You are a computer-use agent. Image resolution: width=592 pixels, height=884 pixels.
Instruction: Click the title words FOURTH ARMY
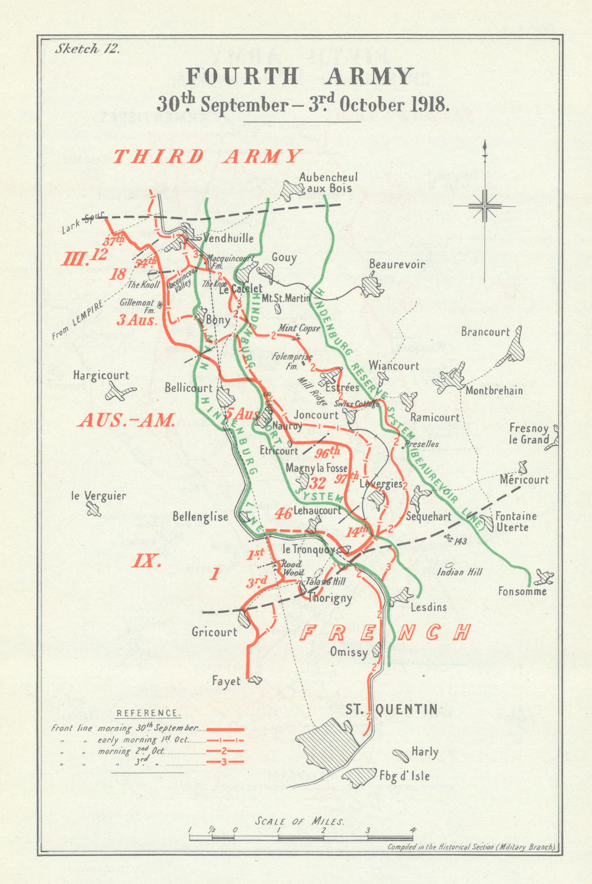300,77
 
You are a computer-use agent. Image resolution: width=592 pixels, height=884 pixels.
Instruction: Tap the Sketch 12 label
87,49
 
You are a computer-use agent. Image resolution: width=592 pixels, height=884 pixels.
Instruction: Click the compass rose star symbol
485,206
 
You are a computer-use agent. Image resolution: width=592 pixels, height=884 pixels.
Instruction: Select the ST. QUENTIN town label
391,709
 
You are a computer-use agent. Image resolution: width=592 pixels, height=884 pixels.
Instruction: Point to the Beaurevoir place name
397,264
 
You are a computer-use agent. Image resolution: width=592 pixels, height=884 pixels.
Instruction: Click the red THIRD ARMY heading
207,156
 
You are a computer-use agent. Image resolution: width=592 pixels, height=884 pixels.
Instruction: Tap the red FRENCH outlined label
385,632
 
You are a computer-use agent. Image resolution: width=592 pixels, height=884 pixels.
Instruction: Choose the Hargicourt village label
101,375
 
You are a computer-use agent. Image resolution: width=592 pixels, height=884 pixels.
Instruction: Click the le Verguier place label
98,496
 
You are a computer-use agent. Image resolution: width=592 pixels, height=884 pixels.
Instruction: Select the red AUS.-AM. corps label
126,420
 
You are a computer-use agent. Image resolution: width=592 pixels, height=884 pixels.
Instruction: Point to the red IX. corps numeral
146,560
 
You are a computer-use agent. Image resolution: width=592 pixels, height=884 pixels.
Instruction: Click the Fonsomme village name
522,591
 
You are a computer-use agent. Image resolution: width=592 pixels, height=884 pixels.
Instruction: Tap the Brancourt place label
485,332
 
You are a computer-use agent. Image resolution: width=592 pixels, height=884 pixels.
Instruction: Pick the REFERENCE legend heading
148,713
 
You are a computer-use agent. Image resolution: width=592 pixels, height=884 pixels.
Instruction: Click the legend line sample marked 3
224,761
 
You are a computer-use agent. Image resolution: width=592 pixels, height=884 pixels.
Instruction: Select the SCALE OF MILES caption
300,821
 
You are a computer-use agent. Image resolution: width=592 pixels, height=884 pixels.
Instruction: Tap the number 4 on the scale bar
413,830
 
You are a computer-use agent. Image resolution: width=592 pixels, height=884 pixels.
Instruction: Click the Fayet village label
226,681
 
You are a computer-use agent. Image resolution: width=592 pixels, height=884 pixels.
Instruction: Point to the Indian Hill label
459,572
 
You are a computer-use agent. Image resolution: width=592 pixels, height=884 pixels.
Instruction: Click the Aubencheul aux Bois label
328,182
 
